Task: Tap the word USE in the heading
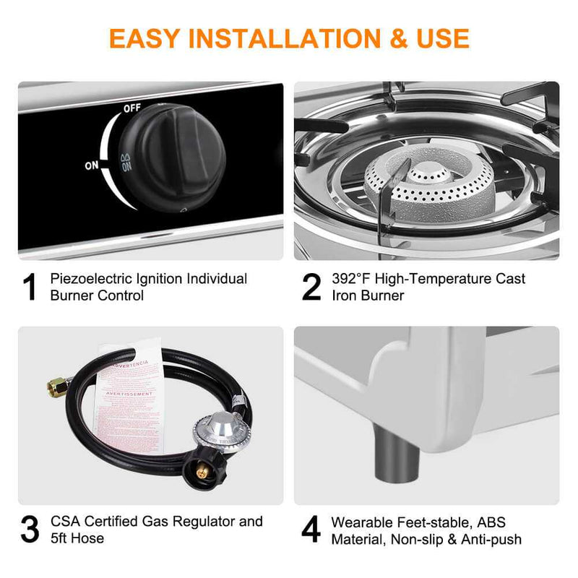click(437, 38)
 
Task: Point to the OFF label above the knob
click(131, 108)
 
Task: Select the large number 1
click(30, 287)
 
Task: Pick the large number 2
click(311, 287)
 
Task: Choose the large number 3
click(30, 530)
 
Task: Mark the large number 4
click(311, 530)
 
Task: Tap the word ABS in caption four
click(493, 522)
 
